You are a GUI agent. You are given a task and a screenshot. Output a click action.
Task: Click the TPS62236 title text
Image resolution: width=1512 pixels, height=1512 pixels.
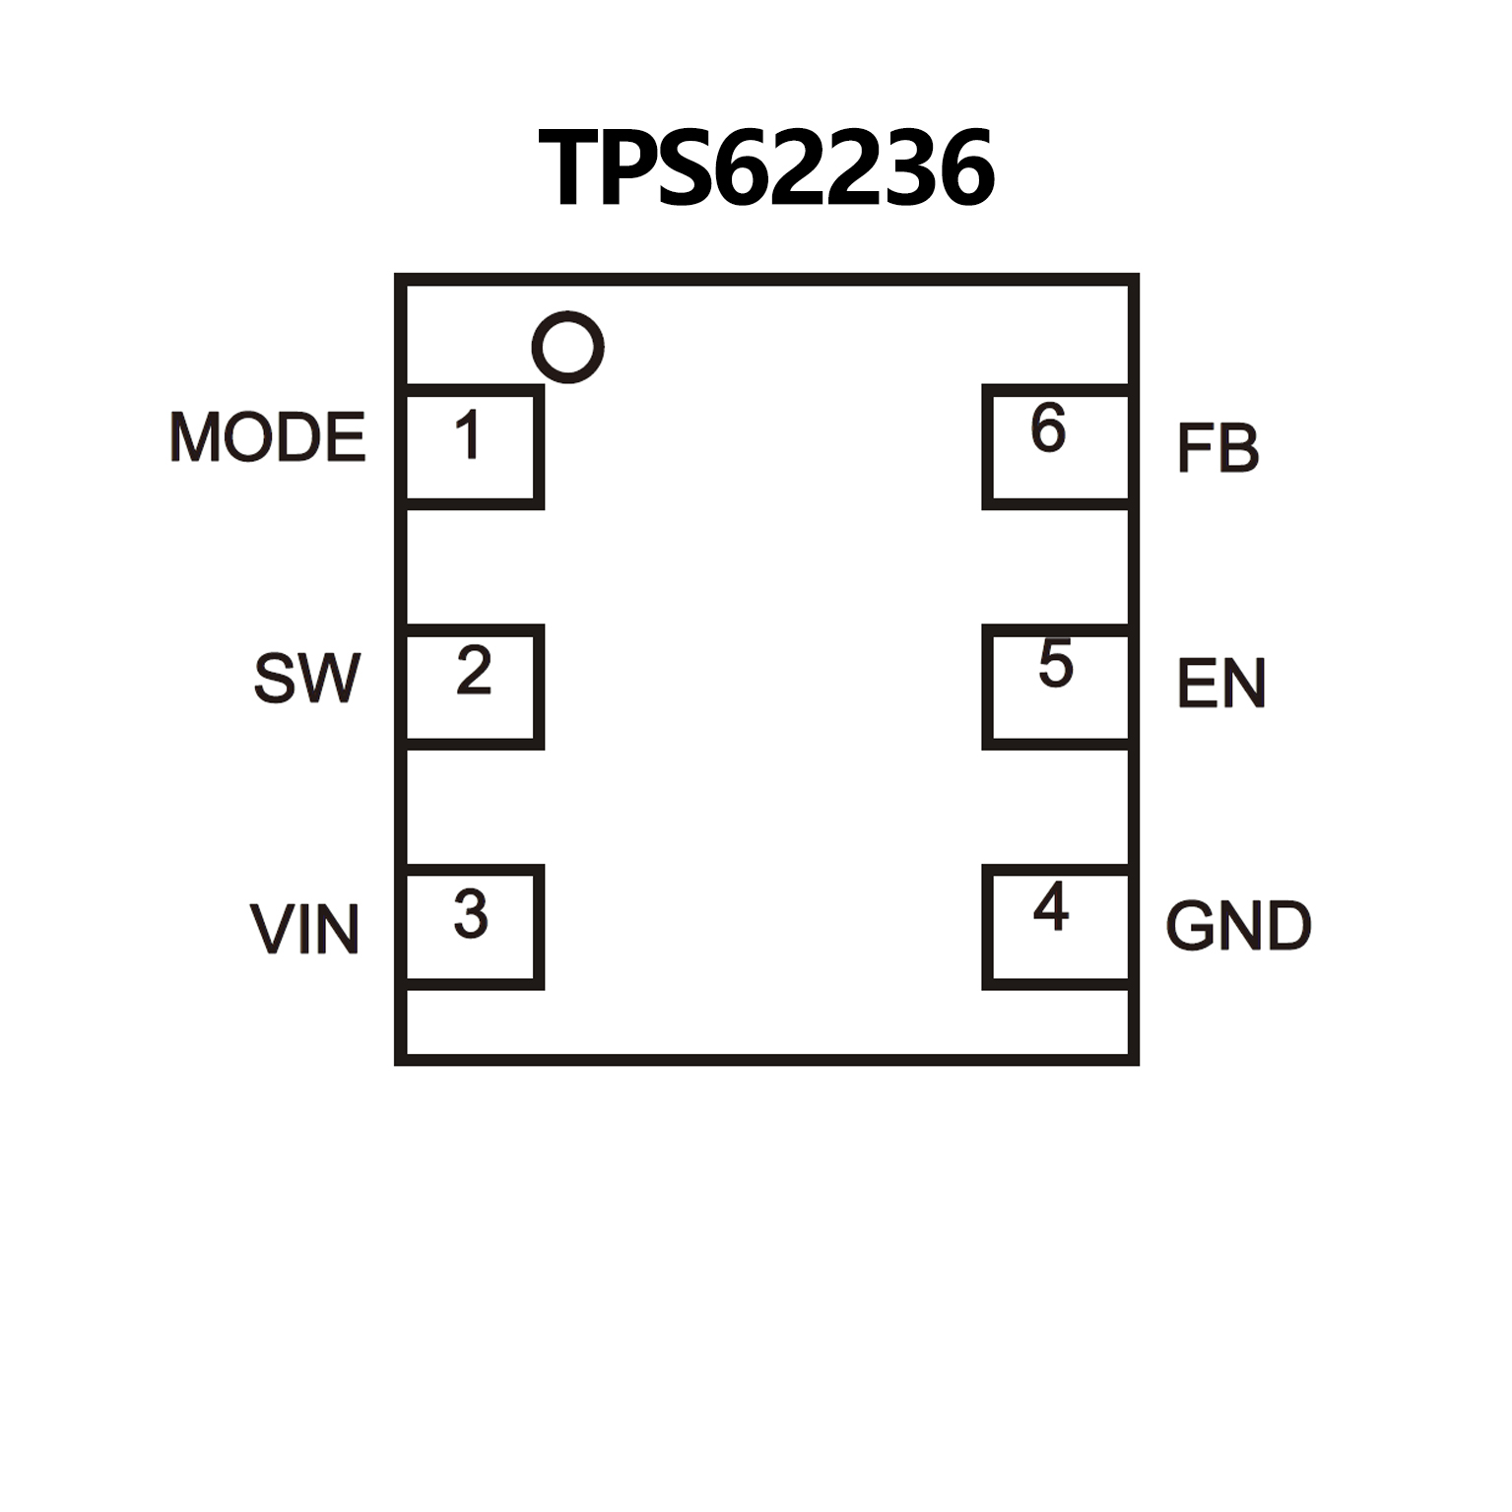[765, 168]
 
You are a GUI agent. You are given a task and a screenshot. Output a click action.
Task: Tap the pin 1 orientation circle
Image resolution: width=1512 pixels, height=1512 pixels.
[567, 347]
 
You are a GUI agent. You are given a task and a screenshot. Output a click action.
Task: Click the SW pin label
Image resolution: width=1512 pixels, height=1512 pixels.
[306, 678]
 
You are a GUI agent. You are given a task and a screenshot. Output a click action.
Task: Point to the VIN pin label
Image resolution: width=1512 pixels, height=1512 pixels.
[304, 929]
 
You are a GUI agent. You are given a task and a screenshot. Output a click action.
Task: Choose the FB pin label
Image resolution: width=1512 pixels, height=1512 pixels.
[1217, 448]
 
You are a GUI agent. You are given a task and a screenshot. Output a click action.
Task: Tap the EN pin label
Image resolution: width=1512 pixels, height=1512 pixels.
[1220, 684]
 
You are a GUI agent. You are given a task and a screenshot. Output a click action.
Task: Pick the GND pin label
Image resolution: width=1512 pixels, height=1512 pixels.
[1238, 926]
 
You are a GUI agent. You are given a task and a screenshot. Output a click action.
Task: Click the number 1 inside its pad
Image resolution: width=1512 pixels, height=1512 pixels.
[468, 434]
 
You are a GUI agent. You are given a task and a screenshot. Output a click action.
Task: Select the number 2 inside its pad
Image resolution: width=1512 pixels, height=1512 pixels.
[474, 672]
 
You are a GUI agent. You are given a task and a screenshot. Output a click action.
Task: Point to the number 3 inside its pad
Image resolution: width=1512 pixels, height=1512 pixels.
[471, 913]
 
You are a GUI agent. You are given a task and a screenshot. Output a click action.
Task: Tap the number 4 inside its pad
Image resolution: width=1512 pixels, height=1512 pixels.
[1051, 906]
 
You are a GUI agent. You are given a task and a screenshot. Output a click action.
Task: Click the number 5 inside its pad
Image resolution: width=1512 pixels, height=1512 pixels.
[1055, 663]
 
